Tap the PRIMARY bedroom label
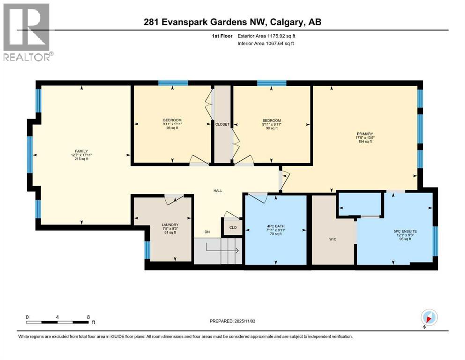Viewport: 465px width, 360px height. [364, 134]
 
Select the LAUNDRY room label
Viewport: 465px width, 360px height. [170, 225]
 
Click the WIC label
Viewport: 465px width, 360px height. [333, 239]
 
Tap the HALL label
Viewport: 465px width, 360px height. [218, 191]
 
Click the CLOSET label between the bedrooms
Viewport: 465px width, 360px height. [222, 124]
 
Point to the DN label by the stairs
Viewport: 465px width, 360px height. [207, 232]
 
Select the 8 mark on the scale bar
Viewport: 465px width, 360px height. [88, 317]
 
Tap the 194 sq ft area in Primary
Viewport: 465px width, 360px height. [364, 142]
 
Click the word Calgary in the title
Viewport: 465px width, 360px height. [288, 22]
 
